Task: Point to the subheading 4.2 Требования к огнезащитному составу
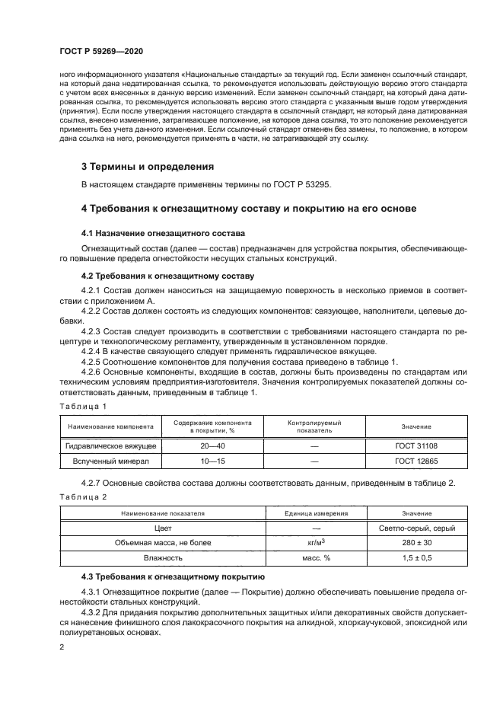[167, 276]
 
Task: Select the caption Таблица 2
[83, 496]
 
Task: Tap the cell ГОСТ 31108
[416, 444]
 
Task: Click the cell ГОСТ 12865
[416, 461]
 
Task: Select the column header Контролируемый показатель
[314, 426]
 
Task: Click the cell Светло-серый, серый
[416, 528]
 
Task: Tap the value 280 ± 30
[416, 543]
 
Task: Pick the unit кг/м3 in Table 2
[314, 543]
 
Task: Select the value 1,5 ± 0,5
[416, 558]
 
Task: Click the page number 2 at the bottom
[62, 647]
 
